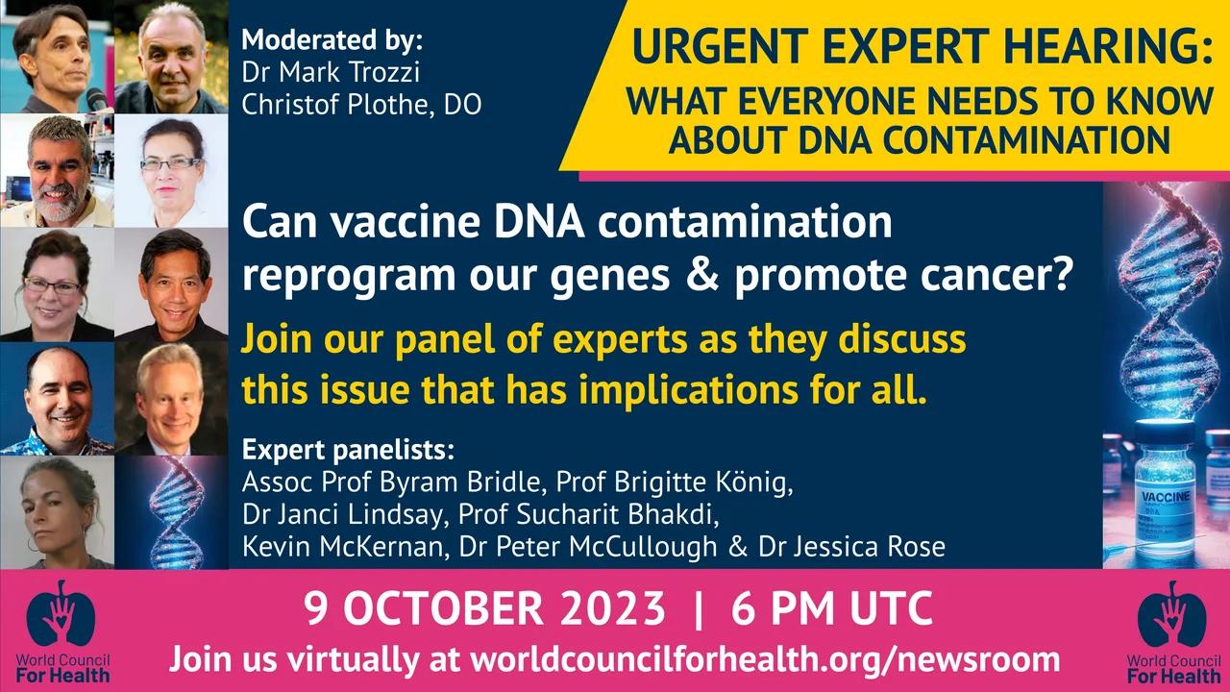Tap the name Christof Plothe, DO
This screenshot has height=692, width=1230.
(x=361, y=104)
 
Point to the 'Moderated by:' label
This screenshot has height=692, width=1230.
(x=332, y=41)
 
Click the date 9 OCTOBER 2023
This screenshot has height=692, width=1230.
(x=484, y=609)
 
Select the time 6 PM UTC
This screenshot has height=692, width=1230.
(x=831, y=609)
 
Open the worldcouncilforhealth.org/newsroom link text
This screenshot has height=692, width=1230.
(x=765, y=660)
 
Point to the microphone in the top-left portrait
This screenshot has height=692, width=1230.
(x=97, y=99)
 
